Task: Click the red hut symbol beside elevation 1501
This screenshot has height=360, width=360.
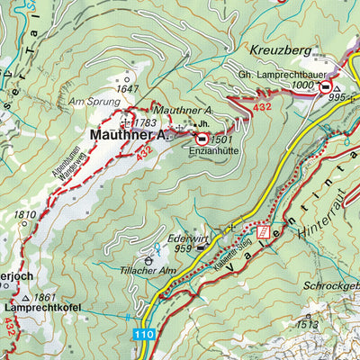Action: coord(202,139)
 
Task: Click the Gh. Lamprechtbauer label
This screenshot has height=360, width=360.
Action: coord(280,73)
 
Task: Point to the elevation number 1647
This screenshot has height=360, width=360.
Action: coord(128,88)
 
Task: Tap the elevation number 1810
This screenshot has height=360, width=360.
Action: coord(25,215)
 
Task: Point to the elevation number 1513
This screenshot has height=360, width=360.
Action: coord(308,324)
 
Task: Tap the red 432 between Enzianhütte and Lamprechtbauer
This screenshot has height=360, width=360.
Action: coord(262,107)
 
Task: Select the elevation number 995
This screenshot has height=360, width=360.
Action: coord(337,97)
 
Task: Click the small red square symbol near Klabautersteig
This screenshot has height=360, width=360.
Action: coord(263,231)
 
